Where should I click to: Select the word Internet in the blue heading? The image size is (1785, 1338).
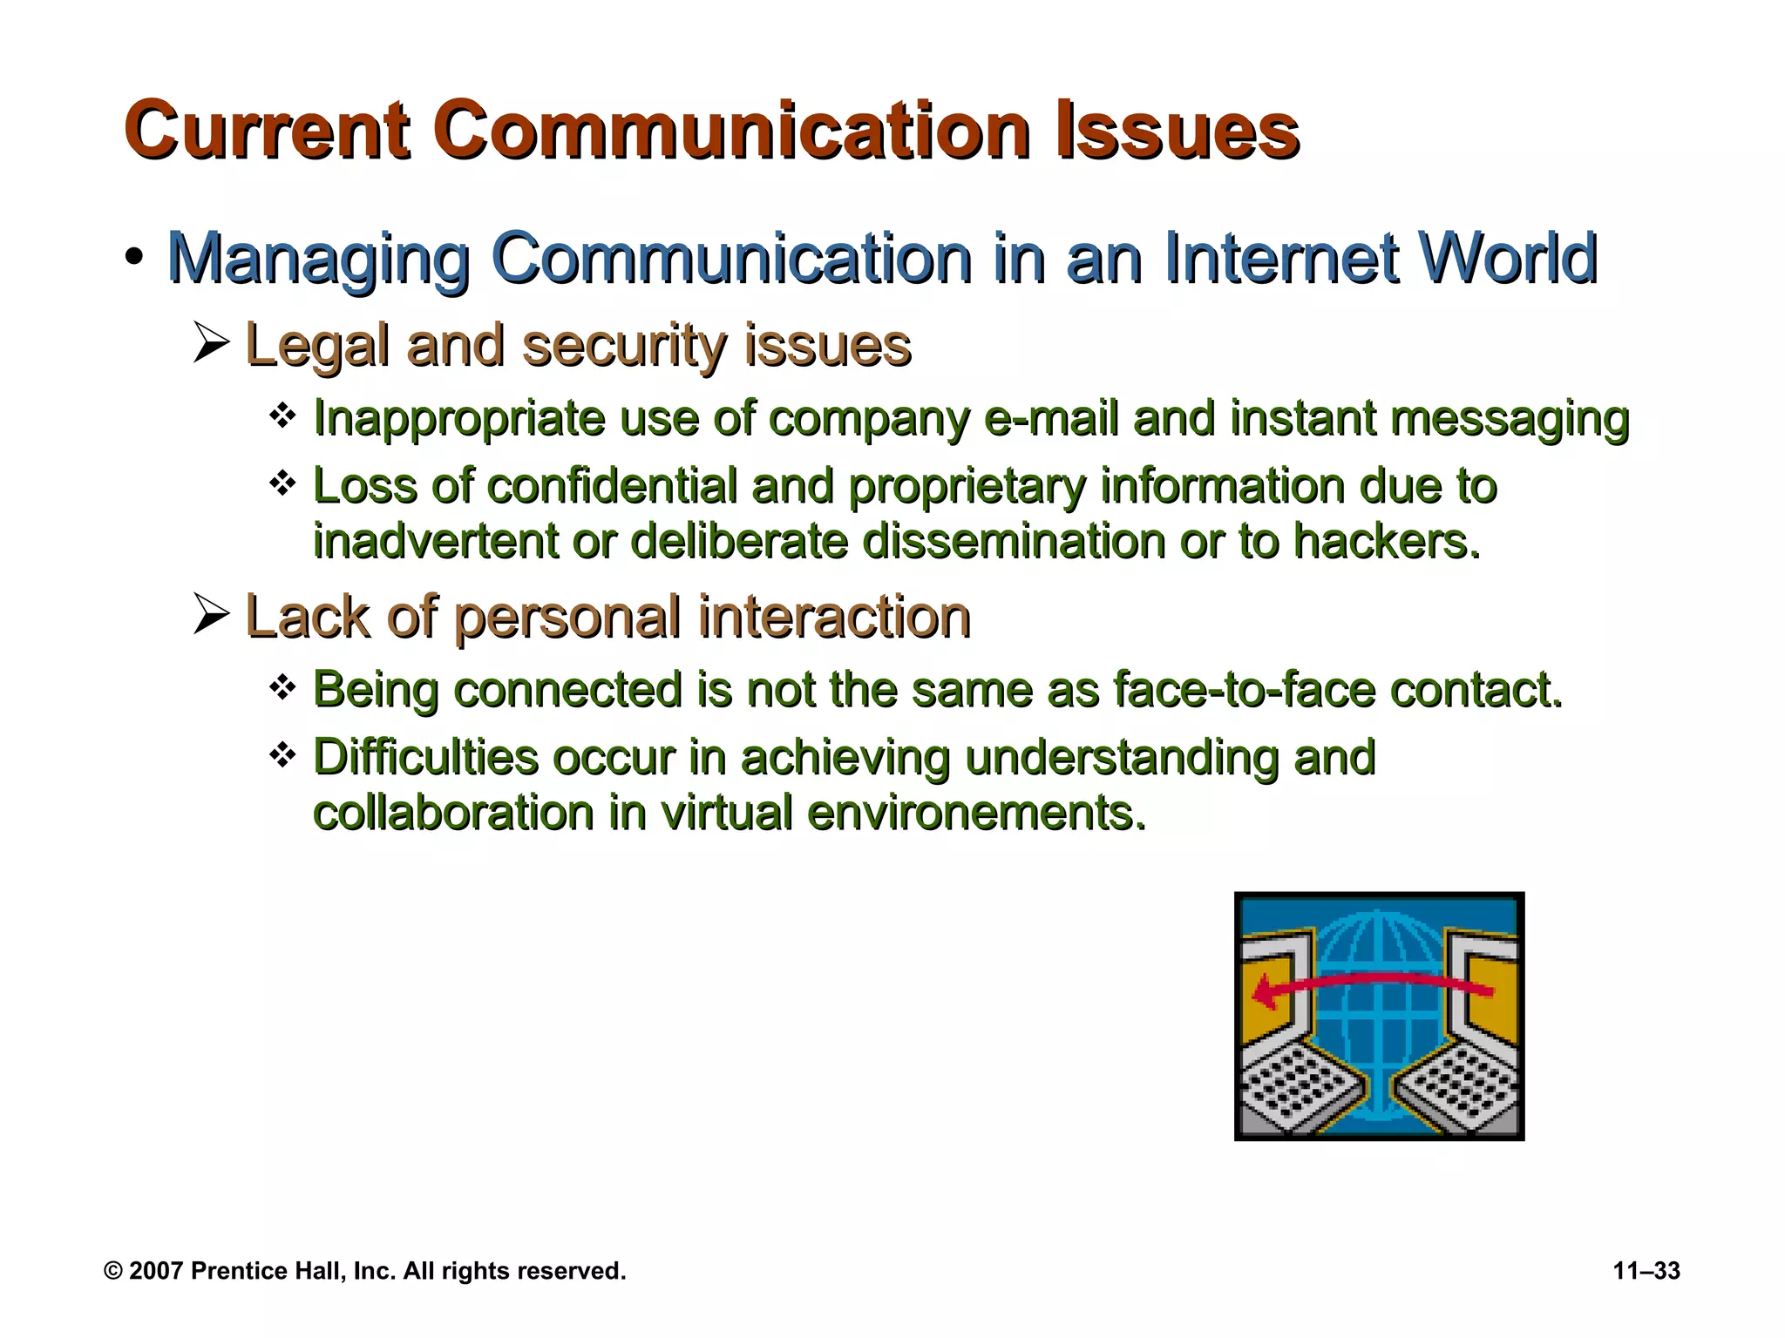[1281, 259]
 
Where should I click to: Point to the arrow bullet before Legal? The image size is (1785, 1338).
[211, 343]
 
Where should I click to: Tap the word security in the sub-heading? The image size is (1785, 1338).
[623, 346]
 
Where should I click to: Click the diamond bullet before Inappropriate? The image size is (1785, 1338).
[282, 416]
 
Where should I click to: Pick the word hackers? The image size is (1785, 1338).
[1386, 542]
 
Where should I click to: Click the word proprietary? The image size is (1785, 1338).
[967, 488]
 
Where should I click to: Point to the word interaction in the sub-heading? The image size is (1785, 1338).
[834, 617]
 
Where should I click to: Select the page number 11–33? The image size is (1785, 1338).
[1646, 1271]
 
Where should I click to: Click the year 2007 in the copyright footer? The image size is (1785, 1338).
[155, 1271]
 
